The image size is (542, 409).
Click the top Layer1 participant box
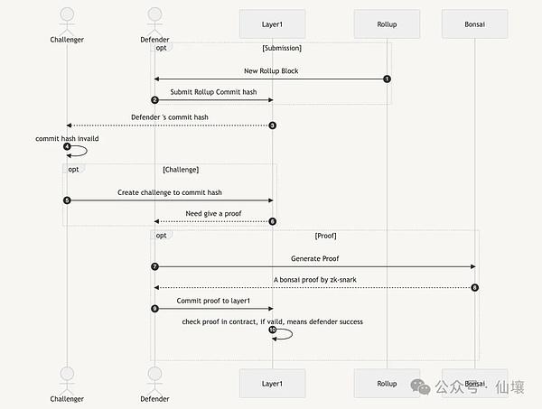(273, 23)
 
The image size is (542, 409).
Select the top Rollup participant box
(387, 23)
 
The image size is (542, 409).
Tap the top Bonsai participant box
(474, 23)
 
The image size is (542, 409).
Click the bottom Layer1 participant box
(273, 383)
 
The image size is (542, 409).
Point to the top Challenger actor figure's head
(67, 14)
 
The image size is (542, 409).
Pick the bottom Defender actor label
(154, 399)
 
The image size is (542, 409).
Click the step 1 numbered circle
(387, 79)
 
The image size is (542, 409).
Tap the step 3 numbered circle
(273, 125)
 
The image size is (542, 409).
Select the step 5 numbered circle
(67, 200)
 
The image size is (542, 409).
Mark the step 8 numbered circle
(474, 287)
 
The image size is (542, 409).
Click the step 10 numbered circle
(273, 330)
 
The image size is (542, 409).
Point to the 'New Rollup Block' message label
(271, 70)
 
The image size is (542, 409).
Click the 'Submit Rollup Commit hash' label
(213, 92)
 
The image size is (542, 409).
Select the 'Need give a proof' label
(213, 213)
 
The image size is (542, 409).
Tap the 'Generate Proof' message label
(315, 258)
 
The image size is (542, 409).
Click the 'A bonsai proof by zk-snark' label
(315, 280)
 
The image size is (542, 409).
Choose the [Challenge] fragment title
(181, 170)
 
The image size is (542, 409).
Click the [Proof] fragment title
(325, 236)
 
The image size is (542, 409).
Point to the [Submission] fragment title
(282, 48)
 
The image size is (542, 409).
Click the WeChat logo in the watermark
(420, 386)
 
